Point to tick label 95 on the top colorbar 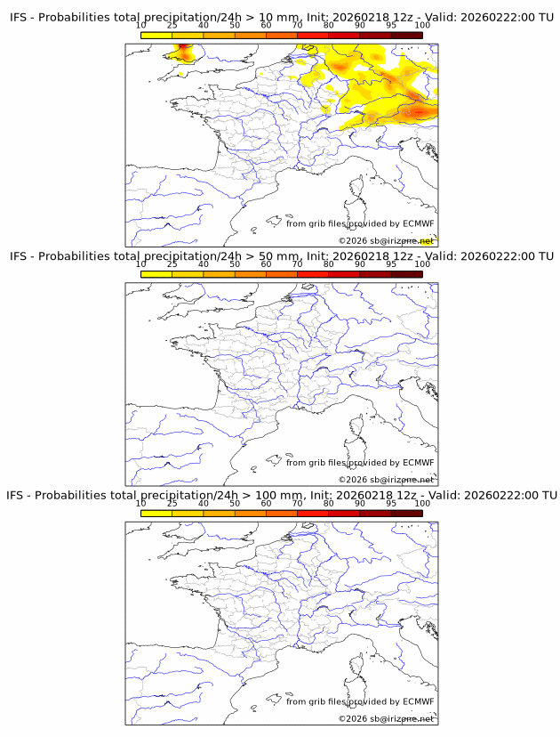pos(391,26)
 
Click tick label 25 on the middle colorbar pos(172,264)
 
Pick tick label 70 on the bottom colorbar pos(298,503)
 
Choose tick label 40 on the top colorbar pos(204,26)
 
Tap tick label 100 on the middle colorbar pos(422,264)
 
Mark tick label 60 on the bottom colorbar pos(266,503)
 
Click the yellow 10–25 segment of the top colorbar pos(156,36)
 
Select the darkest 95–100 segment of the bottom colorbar pos(406,513)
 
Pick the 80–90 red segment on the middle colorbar pos(344,274)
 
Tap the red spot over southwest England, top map pos(184,51)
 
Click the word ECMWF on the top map pos(418,223)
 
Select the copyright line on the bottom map pos(386,718)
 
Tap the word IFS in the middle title pos(19,256)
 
